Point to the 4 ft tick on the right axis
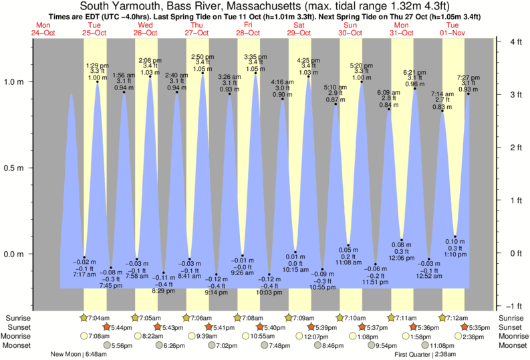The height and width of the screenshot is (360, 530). pos(516,41)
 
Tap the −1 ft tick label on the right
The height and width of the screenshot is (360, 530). pos(515,306)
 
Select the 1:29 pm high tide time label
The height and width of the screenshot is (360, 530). pos(98,64)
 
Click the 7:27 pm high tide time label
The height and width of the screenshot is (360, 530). pos(468,77)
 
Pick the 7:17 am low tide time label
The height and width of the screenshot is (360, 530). pos(84,275)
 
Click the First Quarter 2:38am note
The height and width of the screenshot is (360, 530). pos(425,355)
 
